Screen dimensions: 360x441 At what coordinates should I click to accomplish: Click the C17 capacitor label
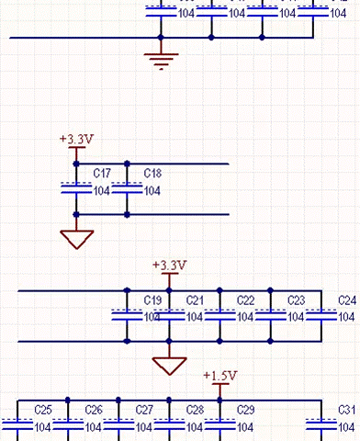(102, 174)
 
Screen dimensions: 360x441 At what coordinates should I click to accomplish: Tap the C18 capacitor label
(152, 174)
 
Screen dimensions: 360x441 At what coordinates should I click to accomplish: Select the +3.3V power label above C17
(76, 139)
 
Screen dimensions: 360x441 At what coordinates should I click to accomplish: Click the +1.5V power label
(220, 376)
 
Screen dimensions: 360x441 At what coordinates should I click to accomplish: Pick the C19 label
(152, 300)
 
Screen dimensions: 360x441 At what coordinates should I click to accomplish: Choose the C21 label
(195, 300)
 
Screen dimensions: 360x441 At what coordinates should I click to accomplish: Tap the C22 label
(245, 300)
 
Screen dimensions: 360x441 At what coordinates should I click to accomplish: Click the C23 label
(296, 300)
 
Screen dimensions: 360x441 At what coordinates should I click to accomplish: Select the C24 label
(347, 300)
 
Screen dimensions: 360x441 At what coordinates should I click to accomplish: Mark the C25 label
(43, 410)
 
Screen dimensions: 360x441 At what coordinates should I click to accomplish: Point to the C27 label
(144, 410)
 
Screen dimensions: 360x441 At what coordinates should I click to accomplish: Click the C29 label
(245, 410)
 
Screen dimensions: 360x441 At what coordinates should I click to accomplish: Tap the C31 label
(347, 410)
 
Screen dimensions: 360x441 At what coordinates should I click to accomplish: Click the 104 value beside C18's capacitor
(152, 191)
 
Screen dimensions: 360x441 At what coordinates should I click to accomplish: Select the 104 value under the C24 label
(346, 317)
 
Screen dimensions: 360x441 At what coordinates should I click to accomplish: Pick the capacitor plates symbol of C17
(76, 188)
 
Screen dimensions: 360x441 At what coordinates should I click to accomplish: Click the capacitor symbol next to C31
(321, 424)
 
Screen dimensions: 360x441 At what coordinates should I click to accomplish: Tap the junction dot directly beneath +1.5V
(219, 400)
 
